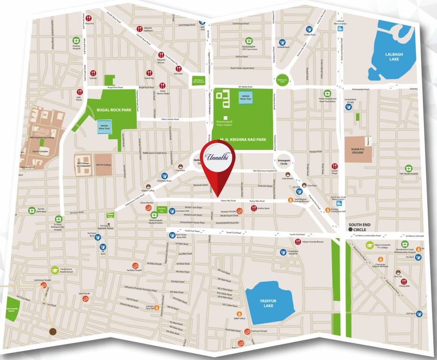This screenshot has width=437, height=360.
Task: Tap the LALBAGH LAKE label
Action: pos(394,57)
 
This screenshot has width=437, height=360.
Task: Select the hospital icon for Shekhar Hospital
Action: pos(76,41)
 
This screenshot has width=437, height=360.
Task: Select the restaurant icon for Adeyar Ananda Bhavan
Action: pos(298,242)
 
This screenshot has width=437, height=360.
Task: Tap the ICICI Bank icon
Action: pos(419,313)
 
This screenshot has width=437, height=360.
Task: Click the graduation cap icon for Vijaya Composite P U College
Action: pos(370,245)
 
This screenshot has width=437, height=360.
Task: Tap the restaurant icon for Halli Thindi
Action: pos(79,92)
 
